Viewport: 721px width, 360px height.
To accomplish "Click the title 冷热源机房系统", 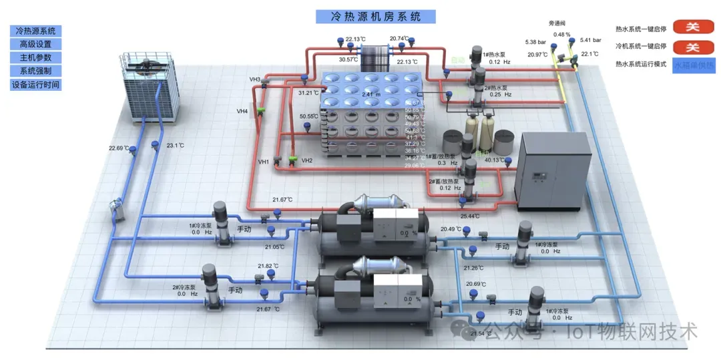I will [x=375, y=17].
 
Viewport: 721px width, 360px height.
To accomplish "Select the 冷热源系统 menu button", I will [x=35, y=31].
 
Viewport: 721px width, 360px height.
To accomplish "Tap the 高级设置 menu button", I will [x=35, y=44].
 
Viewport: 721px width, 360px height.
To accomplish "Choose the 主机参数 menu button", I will [x=35, y=57].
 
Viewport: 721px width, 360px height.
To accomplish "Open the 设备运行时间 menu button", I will [x=35, y=85].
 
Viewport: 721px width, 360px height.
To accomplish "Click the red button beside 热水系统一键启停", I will [x=693, y=27].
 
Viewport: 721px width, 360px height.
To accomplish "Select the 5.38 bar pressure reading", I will [x=535, y=41].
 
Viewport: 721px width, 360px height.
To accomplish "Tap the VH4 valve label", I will [x=242, y=111].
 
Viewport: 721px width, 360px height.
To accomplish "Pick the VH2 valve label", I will [x=306, y=161].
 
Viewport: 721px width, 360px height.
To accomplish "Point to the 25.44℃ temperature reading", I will [x=470, y=216].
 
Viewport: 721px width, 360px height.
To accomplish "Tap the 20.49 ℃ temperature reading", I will [x=451, y=229].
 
